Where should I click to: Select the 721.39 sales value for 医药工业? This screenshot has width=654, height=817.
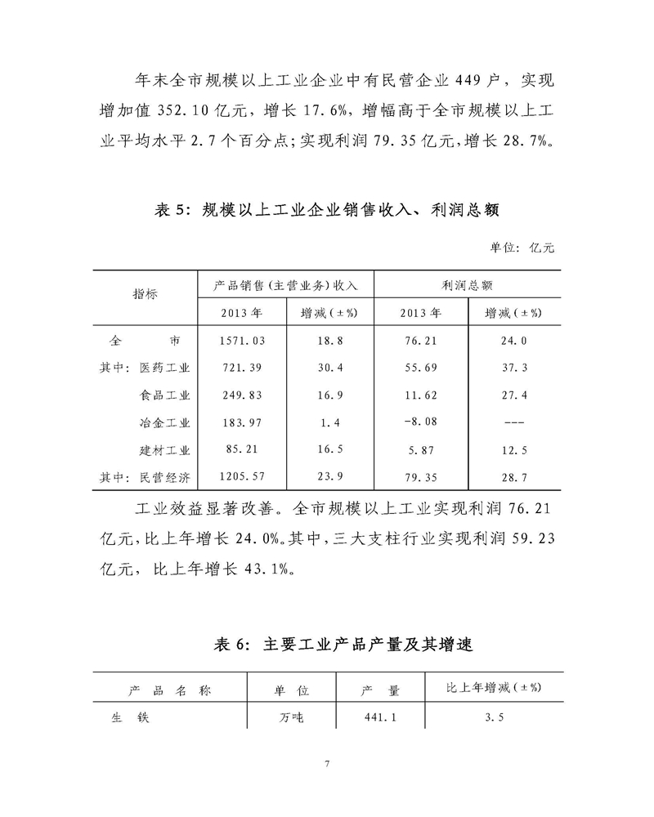tap(243, 368)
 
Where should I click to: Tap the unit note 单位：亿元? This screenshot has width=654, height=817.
tap(527, 247)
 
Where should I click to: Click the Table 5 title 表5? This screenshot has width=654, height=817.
tap(170, 210)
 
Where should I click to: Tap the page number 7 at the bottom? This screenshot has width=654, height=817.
tap(327, 765)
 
